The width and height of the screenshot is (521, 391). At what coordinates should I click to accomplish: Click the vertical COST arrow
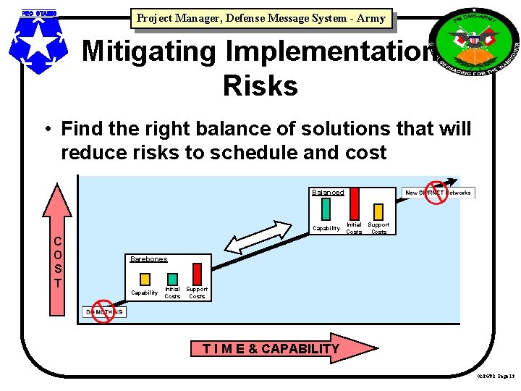tap(57, 250)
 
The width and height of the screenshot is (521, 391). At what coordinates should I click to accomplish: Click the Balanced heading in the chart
tap(327, 192)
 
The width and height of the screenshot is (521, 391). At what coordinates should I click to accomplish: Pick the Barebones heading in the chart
tap(148, 258)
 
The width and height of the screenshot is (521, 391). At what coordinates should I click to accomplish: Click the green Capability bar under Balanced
tap(326, 209)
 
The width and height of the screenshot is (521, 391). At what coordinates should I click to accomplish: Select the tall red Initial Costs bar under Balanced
tap(353, 203)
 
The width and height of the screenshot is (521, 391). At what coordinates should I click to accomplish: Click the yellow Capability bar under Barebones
tap(145, 279)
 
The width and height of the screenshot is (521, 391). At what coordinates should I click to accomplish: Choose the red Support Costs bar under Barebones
tap(196, 279)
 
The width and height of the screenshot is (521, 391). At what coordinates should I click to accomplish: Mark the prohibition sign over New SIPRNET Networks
tap(436, 193)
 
